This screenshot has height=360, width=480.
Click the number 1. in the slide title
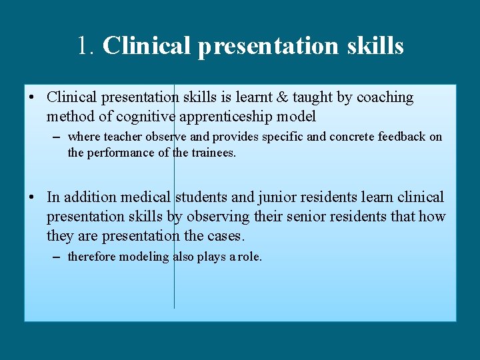87,45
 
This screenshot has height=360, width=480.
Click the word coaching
385,97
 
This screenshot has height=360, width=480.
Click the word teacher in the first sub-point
122,137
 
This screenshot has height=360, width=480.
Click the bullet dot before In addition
32,197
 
